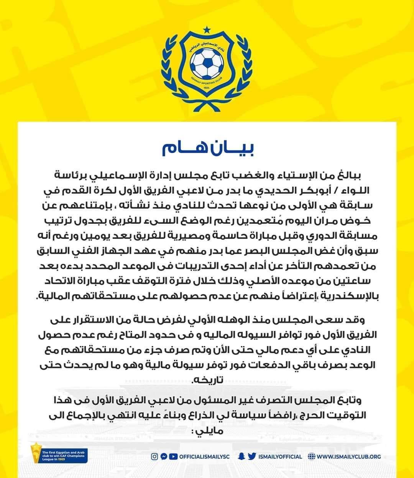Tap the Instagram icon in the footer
pos(155,456)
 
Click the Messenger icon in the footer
pos(164,456)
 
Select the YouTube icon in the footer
pos(173,456)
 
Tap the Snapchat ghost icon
pos(242,456)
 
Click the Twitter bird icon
pos(252,456)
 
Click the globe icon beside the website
pos(311,456)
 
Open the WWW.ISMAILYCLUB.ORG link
pos(349,457)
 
